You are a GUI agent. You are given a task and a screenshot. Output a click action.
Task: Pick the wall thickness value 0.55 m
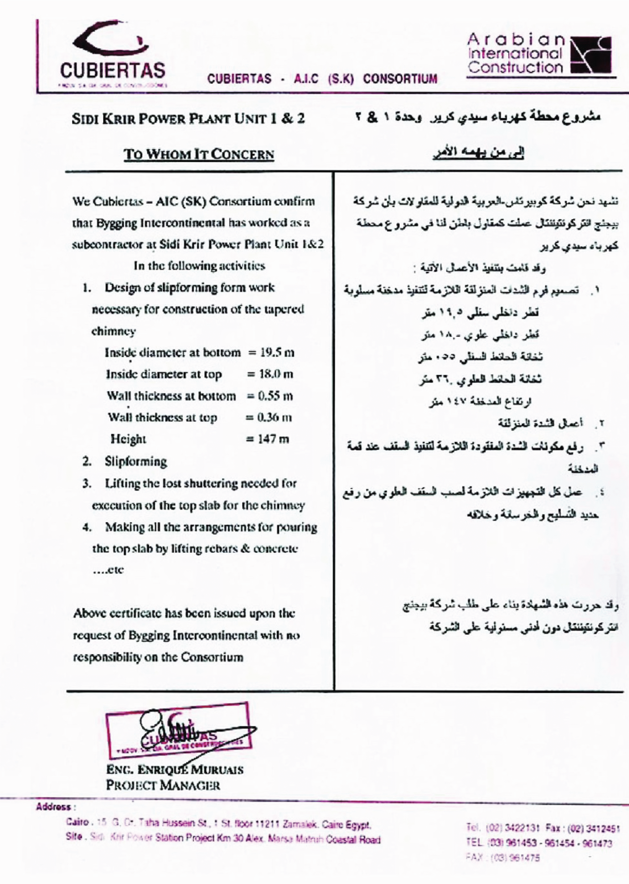coord(275,396)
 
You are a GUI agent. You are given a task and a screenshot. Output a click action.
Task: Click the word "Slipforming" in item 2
coord(136,462)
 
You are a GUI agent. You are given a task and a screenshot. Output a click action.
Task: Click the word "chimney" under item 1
coord(114,331)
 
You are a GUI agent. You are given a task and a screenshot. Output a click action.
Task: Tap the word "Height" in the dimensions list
coord(128,439)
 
